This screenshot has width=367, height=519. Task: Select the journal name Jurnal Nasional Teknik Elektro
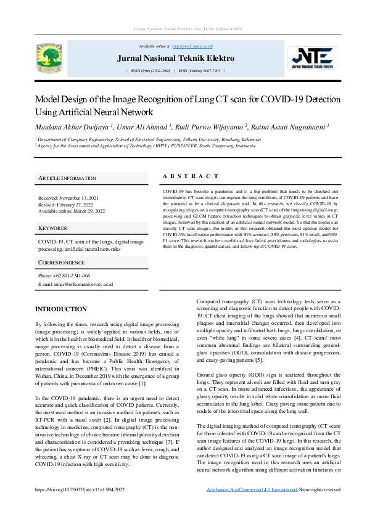click(175, 59)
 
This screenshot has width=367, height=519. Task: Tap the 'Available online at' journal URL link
click(192, 46)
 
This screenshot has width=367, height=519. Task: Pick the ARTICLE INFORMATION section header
click(67, 178)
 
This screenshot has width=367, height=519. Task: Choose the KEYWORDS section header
click(53, 228)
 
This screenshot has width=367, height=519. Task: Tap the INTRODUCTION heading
click(60, 309)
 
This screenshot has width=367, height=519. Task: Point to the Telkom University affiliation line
click(147, 140)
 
